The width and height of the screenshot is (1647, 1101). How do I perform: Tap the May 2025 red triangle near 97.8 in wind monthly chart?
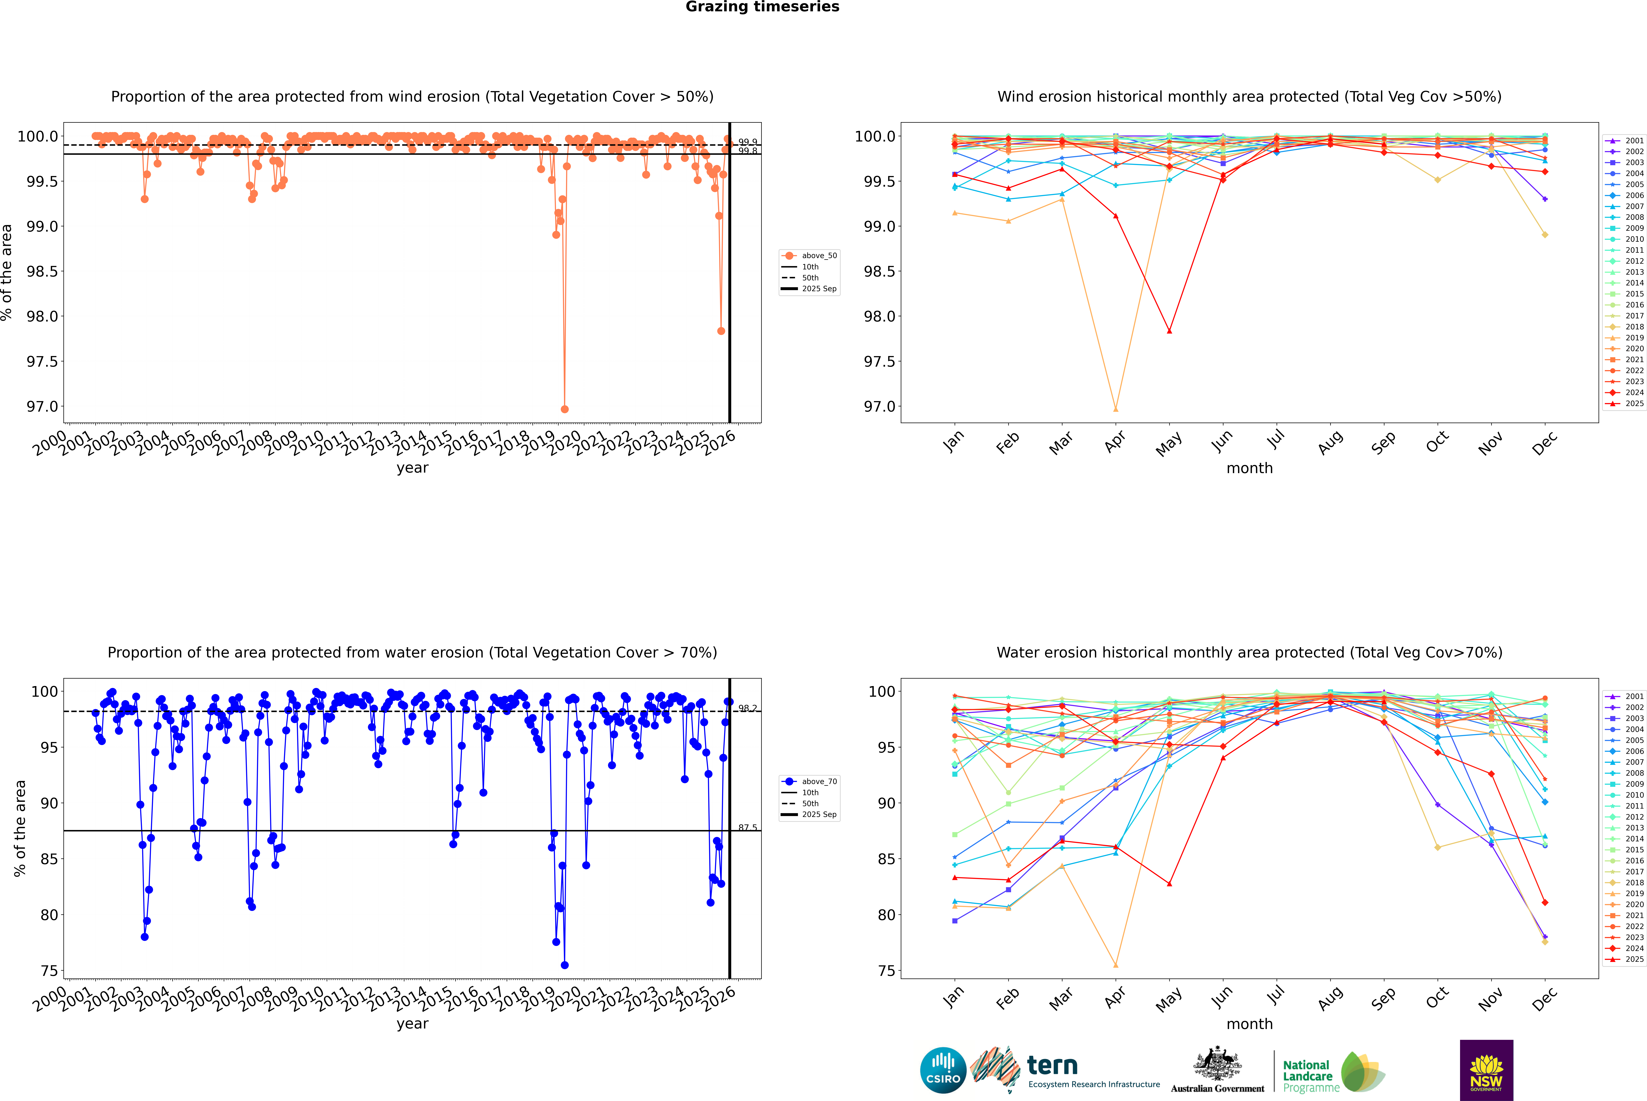1169,331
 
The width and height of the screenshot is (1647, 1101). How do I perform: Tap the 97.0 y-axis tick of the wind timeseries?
42,407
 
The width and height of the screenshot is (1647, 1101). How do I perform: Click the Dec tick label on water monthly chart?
1545,999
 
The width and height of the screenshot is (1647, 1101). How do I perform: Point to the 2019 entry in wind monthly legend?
1634,338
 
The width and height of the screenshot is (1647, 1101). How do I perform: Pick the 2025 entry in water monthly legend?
1634,959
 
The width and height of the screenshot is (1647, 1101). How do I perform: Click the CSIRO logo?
943,1070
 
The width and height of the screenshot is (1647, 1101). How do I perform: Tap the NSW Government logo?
1486,1070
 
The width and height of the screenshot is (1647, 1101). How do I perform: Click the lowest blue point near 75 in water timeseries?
565,965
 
